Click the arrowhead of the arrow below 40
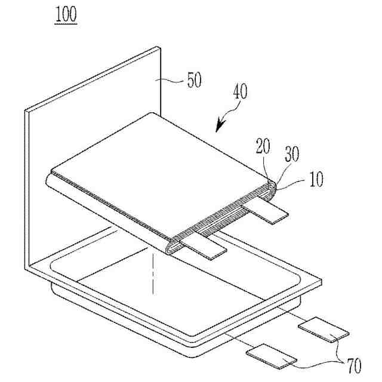point(219,127)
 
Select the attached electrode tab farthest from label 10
point(205,246)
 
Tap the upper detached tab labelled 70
point(323,330)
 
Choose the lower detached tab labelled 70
point(271,356)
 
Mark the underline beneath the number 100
point(66,23)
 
